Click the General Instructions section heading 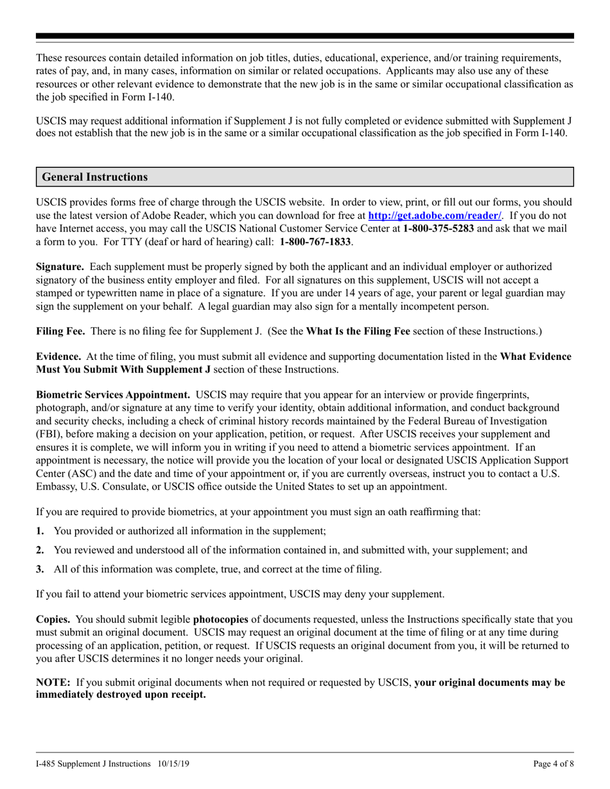[94, 177]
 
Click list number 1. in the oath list [40, 531]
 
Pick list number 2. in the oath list [40, 550]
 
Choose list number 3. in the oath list [40, 569]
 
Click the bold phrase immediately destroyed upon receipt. [121, 695]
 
